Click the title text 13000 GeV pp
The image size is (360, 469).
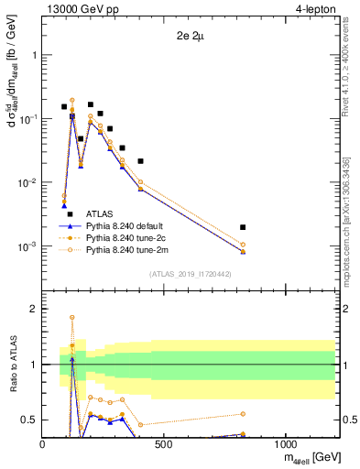(80, 9)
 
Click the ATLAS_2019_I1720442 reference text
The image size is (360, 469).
(190, 274)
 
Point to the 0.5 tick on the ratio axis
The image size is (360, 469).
(29, 420)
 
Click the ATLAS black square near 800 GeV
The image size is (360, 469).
(243, 227)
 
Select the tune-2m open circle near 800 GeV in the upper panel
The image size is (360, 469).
(243, 245)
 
